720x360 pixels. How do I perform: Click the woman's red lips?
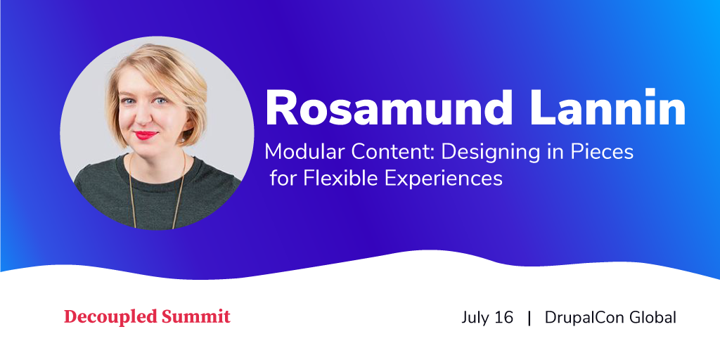coord(146,135)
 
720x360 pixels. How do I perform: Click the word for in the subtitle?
coord(283,178)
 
